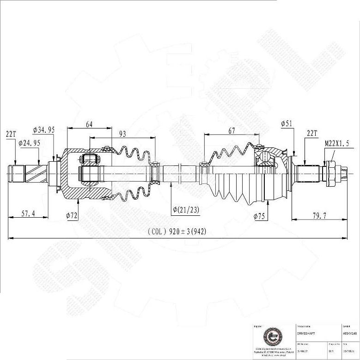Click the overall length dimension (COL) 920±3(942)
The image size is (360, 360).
click(177, 232)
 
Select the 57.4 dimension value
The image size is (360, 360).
click(28, 214)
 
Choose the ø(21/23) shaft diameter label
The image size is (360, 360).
click(186, 210)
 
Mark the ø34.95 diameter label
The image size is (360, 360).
click(44, 130)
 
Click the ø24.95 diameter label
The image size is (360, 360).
click(29, 143)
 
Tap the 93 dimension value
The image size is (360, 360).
click(123, 134)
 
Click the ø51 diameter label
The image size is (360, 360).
click(287, 123)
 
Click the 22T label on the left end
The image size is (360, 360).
click(11, 134)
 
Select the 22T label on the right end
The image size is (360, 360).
click(312, 134)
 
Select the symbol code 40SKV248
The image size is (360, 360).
click(350, 333)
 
